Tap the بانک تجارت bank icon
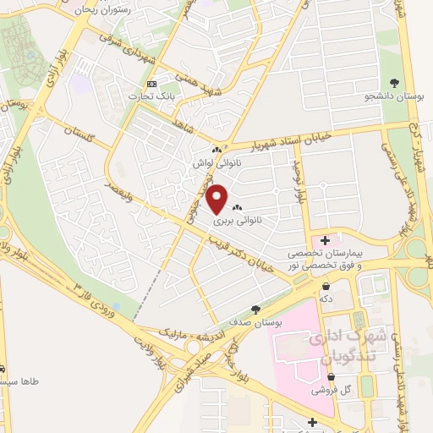pyautogui.click(x=152, y=84)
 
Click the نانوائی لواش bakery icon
pyautogui.click(x=216, y=151)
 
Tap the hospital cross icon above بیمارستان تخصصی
pyautogui.click(x=326, y=241)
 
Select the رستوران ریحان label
pyautogui.click(x=123, y=9)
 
